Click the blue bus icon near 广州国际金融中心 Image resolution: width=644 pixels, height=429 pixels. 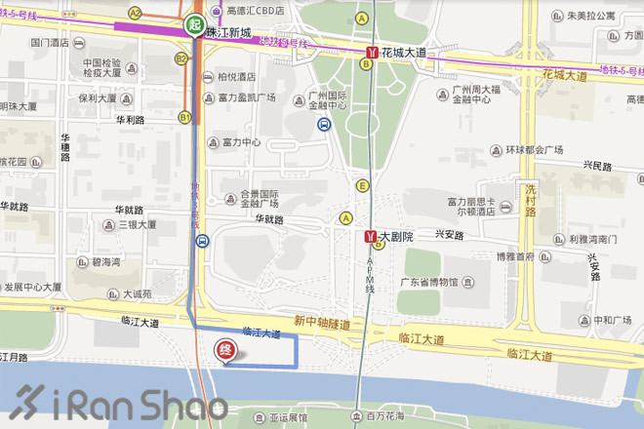click(323, 124)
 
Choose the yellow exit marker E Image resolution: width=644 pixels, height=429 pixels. click(363, 185)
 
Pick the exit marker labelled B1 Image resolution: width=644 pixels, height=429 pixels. click(183, 116)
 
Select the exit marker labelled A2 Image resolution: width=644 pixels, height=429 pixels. click(135, 13)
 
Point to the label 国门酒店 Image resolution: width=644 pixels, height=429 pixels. click(50, 43)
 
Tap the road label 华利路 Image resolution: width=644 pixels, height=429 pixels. click(130, 121)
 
